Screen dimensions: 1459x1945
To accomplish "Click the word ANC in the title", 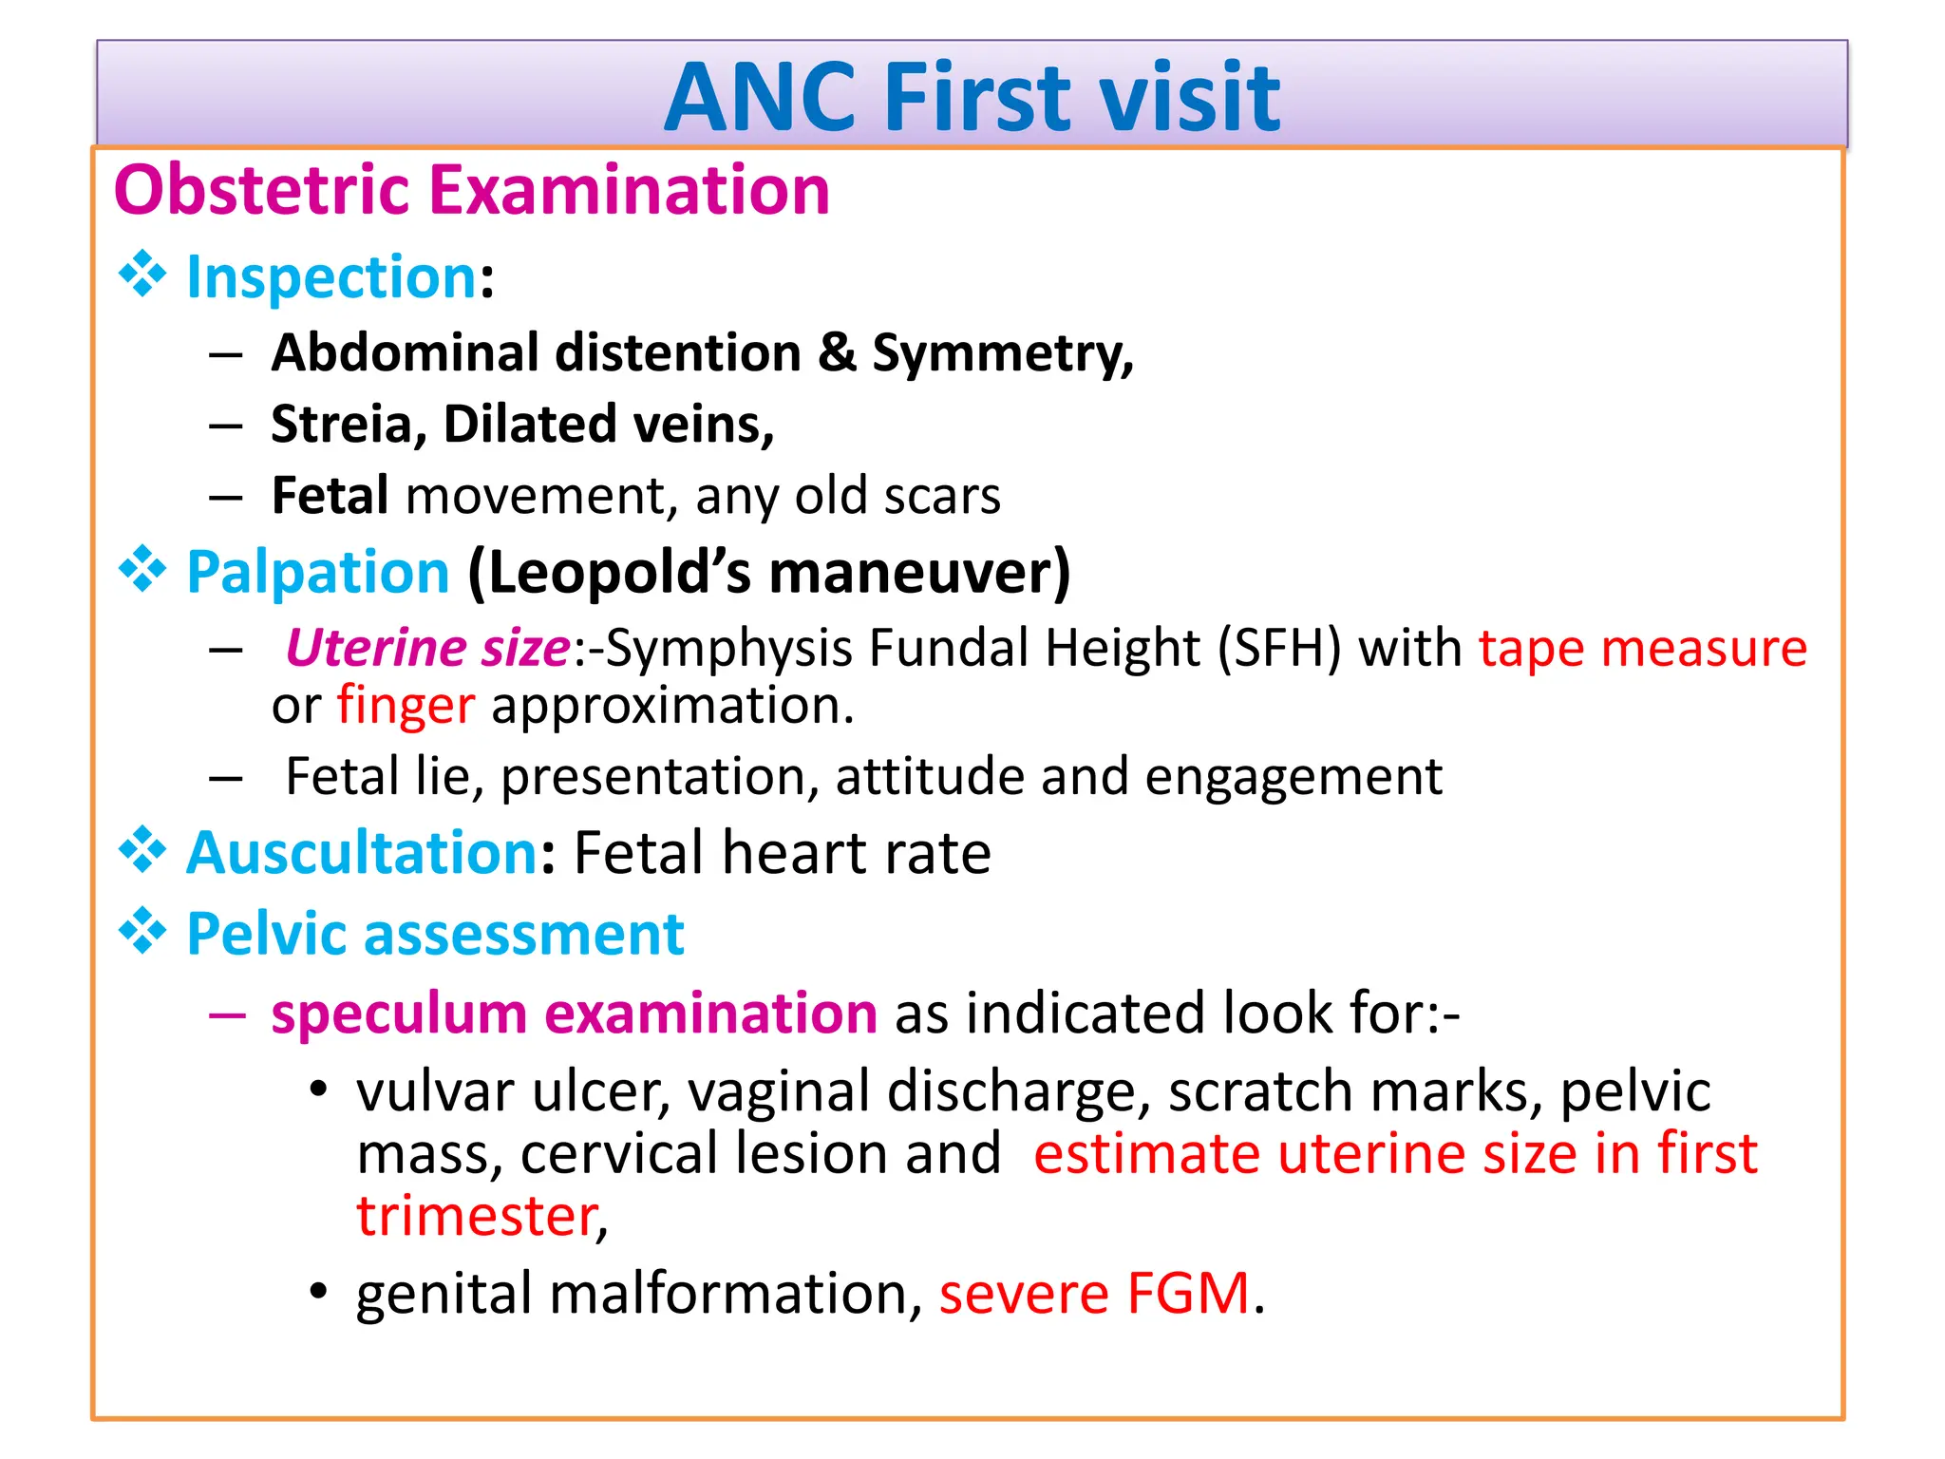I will pos(760,98).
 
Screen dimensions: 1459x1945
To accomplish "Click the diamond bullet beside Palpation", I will pos(142,570).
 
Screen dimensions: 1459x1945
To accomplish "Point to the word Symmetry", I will pos(1002,354).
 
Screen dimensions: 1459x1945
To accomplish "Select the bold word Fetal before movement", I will pos(330,496).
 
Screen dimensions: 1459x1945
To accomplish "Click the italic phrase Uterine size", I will pos(427,649).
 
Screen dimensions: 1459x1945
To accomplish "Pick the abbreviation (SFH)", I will pos(1279,649).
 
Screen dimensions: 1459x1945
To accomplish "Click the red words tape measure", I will pos(1642,649).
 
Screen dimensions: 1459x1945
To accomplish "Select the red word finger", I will pos(406,706).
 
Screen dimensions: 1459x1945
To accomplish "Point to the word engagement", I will pos(1293,777).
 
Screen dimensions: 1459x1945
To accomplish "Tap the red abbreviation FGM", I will pos(1188,1294).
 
